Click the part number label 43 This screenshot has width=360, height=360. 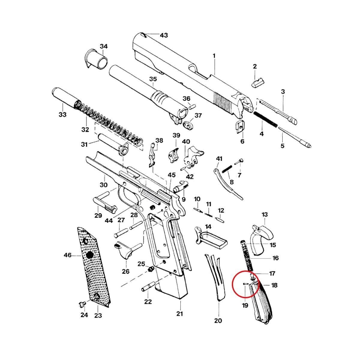pyautogui.click(x=163, y=35)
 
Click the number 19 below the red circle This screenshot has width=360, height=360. pyautogui.click(x=245, y=305)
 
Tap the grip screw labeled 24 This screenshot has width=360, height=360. pyautogui.click(x=81, y=305)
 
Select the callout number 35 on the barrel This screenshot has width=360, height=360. pyautogui.click(x=153, y=79)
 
